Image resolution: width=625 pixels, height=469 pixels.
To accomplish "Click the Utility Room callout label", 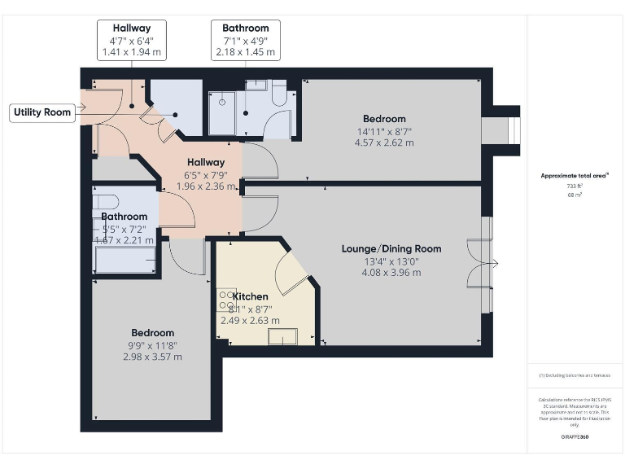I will (43, 112).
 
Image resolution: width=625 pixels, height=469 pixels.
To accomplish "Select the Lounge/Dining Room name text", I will (391, 248).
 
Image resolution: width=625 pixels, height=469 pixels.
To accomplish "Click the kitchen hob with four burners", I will (225, 300).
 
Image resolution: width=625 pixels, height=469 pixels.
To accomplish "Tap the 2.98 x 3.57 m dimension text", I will (152, 357).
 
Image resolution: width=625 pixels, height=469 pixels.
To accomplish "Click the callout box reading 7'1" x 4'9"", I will (246, 40).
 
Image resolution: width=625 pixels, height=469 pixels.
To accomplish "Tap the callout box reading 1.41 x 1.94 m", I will (131, 52).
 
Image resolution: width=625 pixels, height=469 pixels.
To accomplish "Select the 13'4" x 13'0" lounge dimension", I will (391, 261).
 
